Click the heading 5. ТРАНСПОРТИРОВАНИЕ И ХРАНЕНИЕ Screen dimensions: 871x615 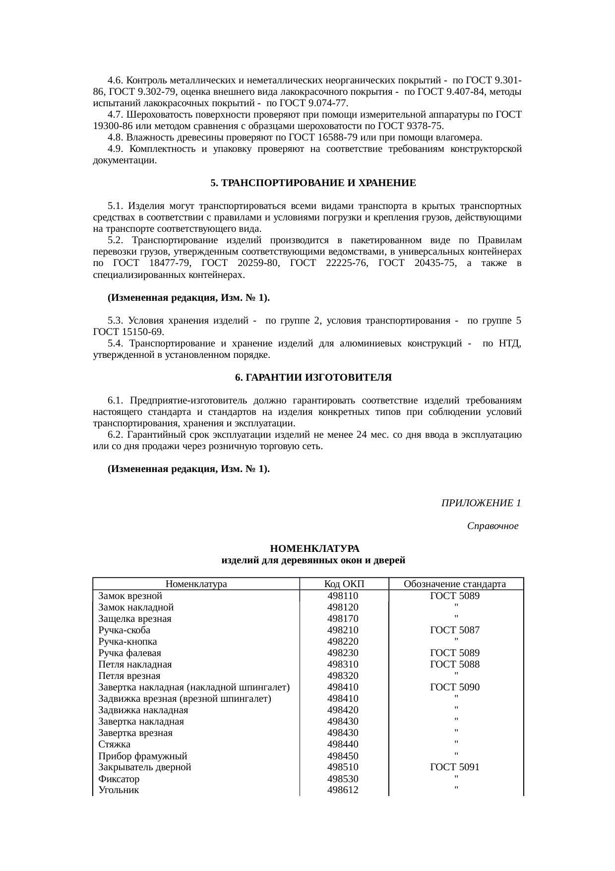coord(313,183)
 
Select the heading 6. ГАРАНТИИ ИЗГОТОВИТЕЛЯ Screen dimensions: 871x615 coord(313,378)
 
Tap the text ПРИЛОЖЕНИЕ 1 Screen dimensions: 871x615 coord(481,503)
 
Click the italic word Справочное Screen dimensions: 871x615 coord(492,526)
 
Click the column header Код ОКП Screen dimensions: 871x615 coord(343,584)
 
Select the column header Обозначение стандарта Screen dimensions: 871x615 coord(455,584)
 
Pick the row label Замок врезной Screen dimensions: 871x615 coord(130,596)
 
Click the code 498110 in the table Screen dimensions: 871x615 coord(343,596)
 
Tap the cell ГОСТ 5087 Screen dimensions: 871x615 coord(455,630)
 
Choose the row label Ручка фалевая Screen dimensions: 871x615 coord(129,653)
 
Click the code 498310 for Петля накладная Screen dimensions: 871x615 coord(343,664)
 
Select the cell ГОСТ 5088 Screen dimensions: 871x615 coord(455,664)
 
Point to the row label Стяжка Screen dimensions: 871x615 coord(115,744)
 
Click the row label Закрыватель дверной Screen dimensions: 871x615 coord(145,767)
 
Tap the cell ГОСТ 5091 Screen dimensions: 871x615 coord(455,767)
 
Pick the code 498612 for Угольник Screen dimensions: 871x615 coord(343,790)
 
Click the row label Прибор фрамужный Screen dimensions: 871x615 coord(143,756)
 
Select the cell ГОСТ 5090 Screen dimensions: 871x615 coord(455,687)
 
